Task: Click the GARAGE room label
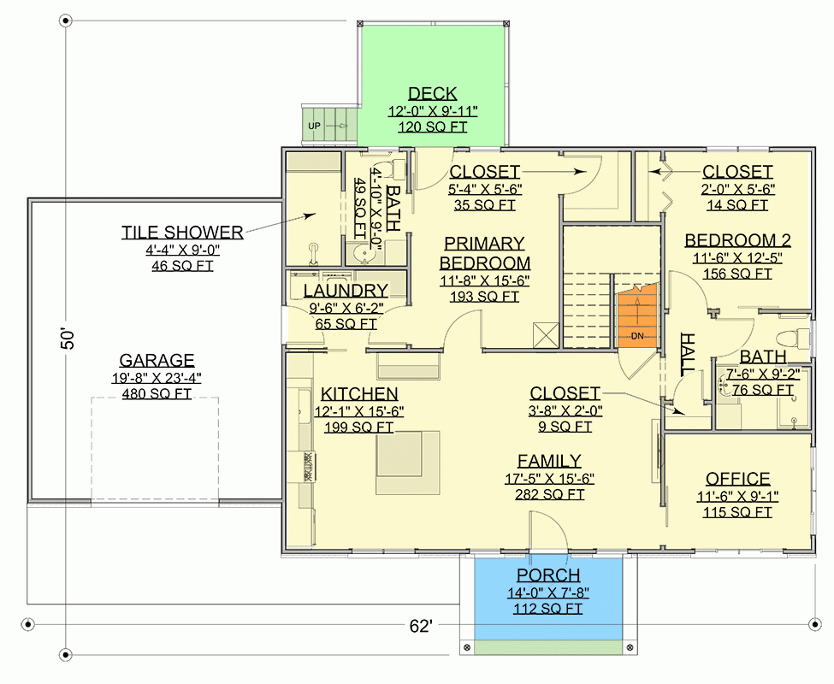157,361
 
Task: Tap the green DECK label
432,94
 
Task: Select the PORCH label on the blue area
547,575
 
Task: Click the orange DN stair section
636,316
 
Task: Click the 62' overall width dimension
421,626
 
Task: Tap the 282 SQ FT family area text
549,494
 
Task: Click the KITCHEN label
359,394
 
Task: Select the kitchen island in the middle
408,462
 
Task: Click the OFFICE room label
737,479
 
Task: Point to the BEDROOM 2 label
737,240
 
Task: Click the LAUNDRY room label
346,291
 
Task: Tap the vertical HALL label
687,352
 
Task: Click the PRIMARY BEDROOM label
485,253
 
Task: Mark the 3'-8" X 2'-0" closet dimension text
565,410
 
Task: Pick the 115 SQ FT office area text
737,511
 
